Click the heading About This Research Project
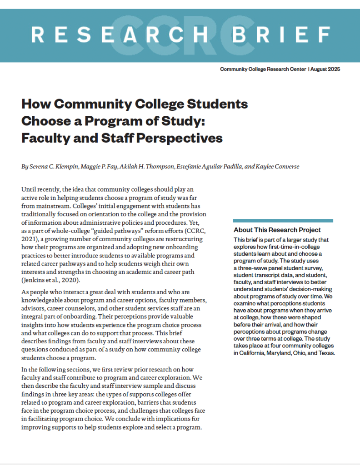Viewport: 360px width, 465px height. pos(277,230)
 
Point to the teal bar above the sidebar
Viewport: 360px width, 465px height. pos(283,221)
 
